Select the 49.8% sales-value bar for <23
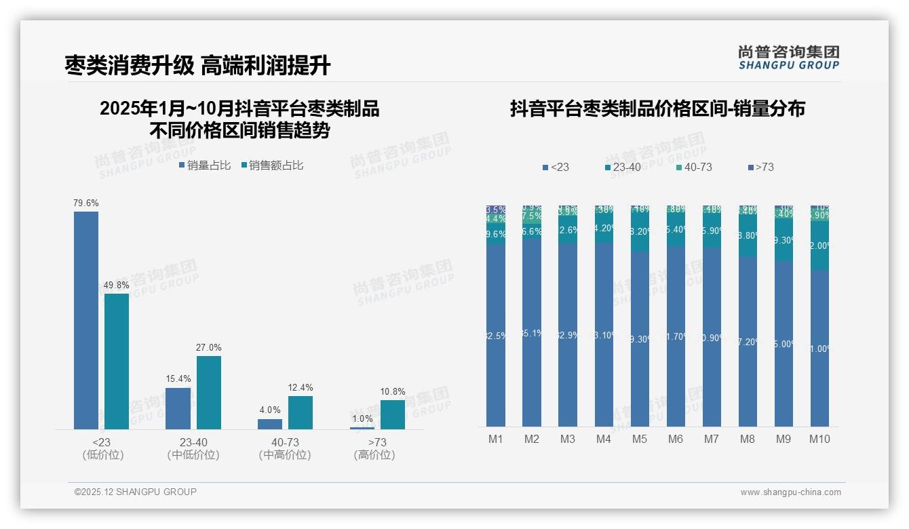point(117,361)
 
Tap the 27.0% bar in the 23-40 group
point(209,392)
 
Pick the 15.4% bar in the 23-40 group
point(178,408)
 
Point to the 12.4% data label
point(301,388)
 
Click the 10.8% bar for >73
point(392,414)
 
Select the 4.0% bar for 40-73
point(270,424)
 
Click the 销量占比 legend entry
point(205,165)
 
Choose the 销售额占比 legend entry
point(272,165)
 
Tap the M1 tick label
point(496,439)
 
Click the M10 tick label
point(819,439)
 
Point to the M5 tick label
point(640,439)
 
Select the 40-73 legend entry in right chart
point(694,167)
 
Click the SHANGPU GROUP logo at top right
point(789,58)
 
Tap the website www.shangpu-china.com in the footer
point(790,492)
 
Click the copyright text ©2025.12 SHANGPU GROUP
point(136,492)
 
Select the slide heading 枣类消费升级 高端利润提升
point(197,66)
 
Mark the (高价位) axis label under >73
point(374,455)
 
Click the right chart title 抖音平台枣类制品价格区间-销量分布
point(657,109)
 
